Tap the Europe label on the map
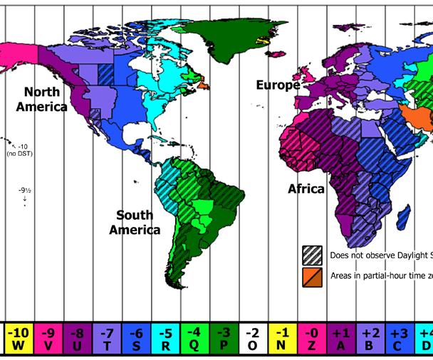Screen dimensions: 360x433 click(278, 85)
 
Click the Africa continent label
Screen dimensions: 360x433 click(306, 189)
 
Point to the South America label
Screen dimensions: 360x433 click(139, 222)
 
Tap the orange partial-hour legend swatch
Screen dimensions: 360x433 click(311, 275)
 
